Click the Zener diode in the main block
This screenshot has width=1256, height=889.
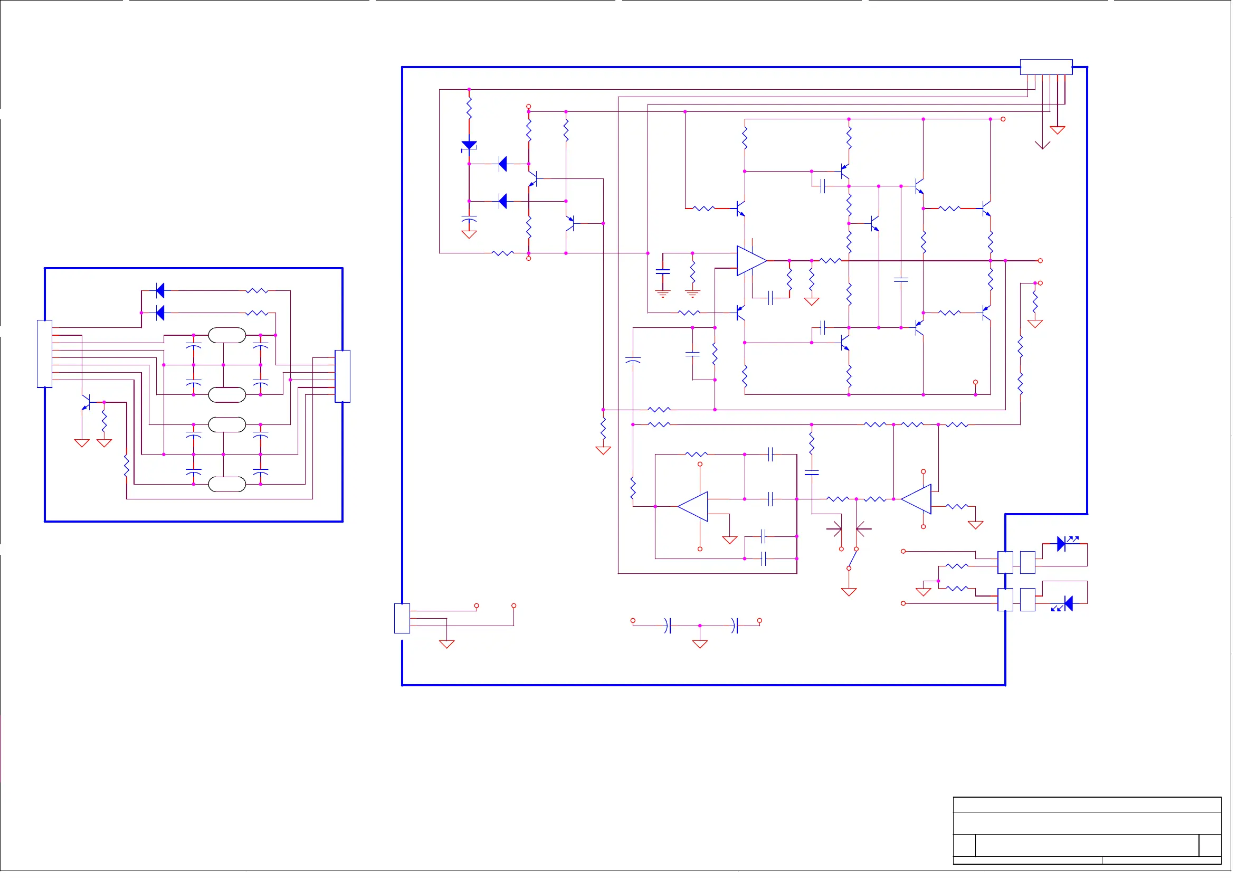469,145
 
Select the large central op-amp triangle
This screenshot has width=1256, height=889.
751,261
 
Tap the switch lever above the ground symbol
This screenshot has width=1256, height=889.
852,559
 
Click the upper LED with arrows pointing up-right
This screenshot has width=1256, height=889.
1062,544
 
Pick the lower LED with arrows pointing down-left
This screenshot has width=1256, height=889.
1068,603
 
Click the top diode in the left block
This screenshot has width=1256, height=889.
160,290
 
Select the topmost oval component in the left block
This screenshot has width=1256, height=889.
227,335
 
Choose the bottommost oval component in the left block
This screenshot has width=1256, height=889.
227,485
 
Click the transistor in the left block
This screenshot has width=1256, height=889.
86,402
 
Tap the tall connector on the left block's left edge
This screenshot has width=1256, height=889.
44,354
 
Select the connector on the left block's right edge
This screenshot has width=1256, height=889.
342,376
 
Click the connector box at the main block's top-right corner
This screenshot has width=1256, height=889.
1046,67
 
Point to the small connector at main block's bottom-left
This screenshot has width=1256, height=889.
402,619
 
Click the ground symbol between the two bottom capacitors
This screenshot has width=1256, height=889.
700,644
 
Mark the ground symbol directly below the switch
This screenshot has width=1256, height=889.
849,592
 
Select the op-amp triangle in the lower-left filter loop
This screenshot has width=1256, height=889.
694,506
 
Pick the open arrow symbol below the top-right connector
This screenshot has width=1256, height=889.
1043,145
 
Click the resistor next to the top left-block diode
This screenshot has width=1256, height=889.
256,291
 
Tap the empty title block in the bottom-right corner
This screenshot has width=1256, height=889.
1087,830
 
